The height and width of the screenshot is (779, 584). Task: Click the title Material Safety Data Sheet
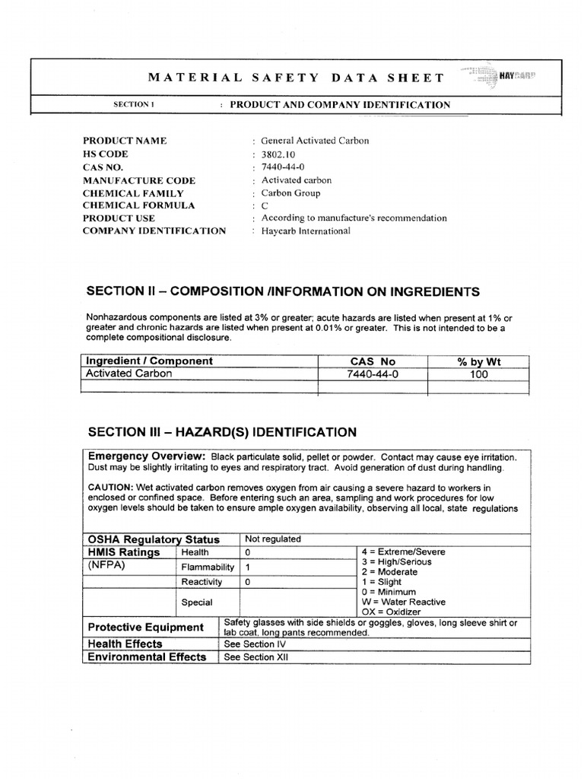click(x=295, y=78)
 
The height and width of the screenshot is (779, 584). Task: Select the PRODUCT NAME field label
click(x=125, y=141)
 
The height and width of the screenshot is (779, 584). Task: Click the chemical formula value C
click(x=265, y=205)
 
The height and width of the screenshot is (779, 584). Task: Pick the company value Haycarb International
click(x=306, y=231)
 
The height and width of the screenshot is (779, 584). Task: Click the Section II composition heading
click(x=283, y=291)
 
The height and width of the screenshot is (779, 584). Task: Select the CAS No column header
click(x=373, y=361)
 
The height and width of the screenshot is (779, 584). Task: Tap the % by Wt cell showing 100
click(x=479, y=374)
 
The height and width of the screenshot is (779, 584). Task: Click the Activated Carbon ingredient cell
click(x=129, y=374)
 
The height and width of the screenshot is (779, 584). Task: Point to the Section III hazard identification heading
click(x=221, y=432)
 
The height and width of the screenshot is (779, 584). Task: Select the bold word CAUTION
click(x=114, y=487)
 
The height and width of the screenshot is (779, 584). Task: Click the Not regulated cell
click(x=273, y=539)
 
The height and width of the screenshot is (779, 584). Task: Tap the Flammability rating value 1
click(x=248, y=568)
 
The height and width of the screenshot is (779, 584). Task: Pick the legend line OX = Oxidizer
click(x=395, y=611)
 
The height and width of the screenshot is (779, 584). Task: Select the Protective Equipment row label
click(x=146, y=627)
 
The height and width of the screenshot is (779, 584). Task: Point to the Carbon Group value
click(x=290, y=193)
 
